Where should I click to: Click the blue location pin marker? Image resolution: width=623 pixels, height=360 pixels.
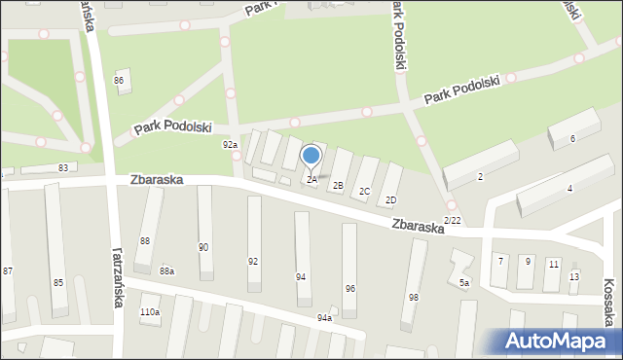(x=311, y=156)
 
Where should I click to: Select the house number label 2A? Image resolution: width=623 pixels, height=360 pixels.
(x=311, y=180)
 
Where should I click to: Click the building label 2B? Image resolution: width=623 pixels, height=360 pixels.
(x=338, y=185)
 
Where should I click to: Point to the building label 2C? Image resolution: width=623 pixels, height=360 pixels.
(x=364, y=192)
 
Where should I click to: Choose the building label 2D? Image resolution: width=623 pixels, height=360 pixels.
(x=390, y=200)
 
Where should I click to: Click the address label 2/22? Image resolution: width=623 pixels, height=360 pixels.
(x=452, y=222)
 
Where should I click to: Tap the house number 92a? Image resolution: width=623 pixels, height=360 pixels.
(x=230, y=145)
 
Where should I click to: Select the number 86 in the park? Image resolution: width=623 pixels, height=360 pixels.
(x=119, y=80)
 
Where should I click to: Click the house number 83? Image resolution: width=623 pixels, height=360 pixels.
(x=62, y=168)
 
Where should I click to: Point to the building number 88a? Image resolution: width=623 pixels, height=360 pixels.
(x=166, y=271)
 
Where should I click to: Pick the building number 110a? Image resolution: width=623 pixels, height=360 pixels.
(x=149, y=312)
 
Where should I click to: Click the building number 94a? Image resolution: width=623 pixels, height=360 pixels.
(x=324, y=318)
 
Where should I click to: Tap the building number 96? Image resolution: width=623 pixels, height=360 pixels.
(x=349, y=288)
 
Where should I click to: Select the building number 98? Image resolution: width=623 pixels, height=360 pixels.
(x=414, y=297)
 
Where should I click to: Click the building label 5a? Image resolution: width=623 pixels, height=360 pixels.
(x=464, y=283)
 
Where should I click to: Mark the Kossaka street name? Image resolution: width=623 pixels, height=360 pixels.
(x=608, y=292)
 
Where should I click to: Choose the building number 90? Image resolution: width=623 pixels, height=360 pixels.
(x=202, y=247)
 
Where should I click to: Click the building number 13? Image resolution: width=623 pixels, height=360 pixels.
(x=573, y=276)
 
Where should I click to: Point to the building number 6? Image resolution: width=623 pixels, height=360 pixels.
(x=572, y=139)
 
